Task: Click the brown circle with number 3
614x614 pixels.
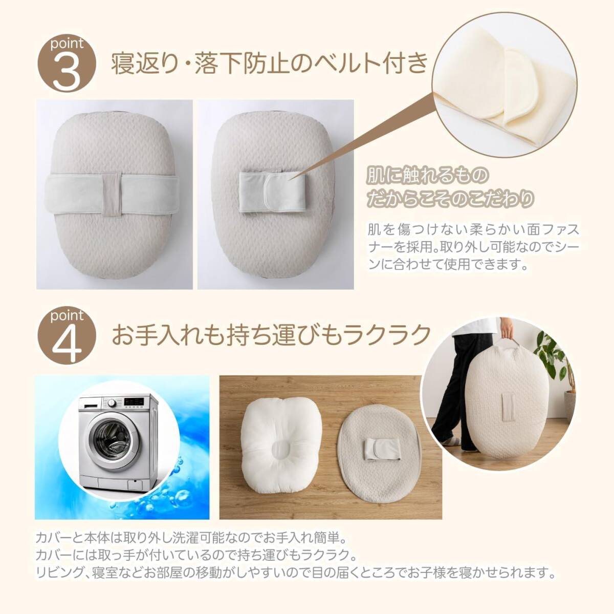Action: [67, 63]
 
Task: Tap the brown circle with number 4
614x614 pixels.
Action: [67, 338]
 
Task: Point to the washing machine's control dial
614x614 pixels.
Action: [112, 403]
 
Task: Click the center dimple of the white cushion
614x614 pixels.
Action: [281, 450]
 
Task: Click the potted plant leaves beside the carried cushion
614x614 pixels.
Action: [558, 361]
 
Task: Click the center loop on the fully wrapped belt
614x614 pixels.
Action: [112, 195]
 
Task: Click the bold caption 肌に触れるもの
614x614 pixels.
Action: [427, 176]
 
